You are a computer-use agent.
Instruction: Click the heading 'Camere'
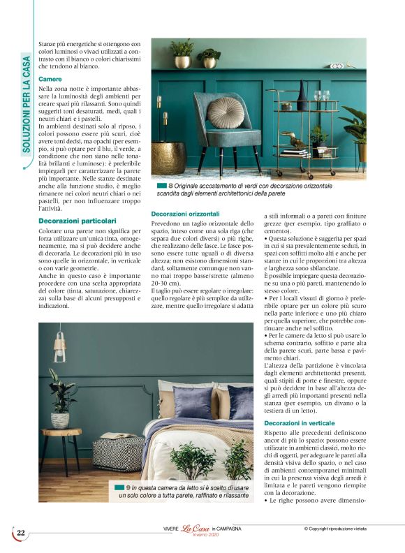50,79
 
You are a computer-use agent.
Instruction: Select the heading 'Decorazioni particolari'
78,221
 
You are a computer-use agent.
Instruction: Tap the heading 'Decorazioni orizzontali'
186,213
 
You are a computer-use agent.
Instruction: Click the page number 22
21,533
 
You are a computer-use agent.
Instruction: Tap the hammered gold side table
169,156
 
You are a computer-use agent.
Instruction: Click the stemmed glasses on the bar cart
321,95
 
